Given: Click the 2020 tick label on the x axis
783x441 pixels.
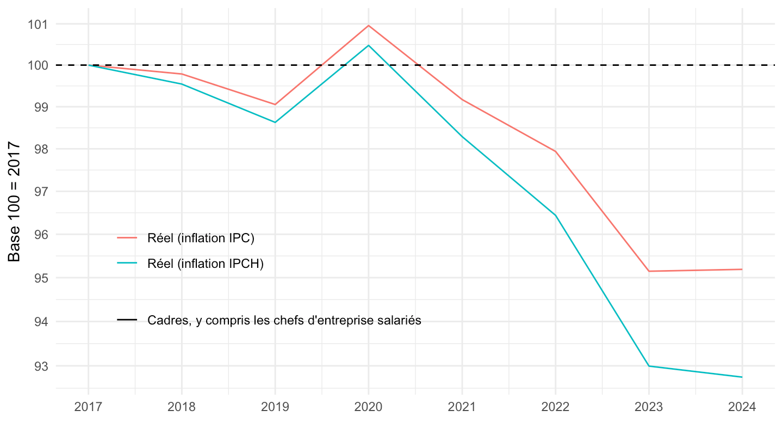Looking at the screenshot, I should coord(368,407).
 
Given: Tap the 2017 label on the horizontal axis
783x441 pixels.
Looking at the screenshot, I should coord(88,407).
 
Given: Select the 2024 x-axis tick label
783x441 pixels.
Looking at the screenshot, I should coord(742,407).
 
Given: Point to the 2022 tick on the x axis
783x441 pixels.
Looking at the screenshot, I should coord(555,407).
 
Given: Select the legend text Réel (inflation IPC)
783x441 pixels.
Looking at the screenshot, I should coord(201,238).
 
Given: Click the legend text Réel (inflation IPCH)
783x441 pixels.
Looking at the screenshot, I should coord(206,264).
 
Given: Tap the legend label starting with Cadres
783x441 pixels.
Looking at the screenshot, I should coord(284,321).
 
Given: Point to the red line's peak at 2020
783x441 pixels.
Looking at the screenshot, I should coord(369,26).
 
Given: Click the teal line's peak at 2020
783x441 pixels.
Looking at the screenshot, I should coord(369,45).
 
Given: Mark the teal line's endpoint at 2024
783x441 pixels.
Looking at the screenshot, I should coord(742,377).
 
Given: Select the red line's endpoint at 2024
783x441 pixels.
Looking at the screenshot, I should coord(742,269).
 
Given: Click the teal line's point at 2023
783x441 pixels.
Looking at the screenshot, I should coord(649,366).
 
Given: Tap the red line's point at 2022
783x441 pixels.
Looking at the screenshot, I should coord(555,151).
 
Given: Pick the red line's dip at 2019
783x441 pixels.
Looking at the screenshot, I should coord(275,105).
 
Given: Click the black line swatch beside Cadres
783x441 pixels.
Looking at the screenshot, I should coord(127,321).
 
